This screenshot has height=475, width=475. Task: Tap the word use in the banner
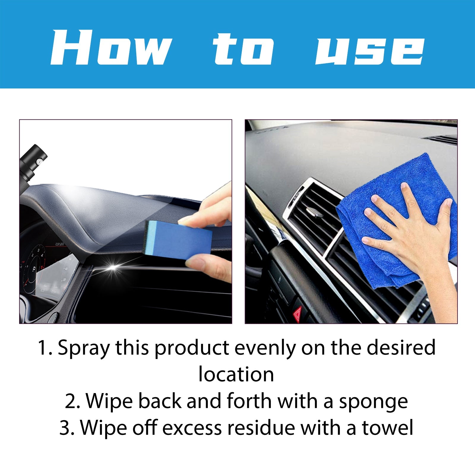pos(370,49)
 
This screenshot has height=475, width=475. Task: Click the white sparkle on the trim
pos(113,267)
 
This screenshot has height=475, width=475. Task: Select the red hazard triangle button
pos(298,312)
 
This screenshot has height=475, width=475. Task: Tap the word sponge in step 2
pos(373,401)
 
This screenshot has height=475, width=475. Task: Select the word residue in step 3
pos(261,428)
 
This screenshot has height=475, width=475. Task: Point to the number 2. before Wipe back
pos(72,401)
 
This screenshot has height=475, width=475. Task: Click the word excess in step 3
pos(192,428)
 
